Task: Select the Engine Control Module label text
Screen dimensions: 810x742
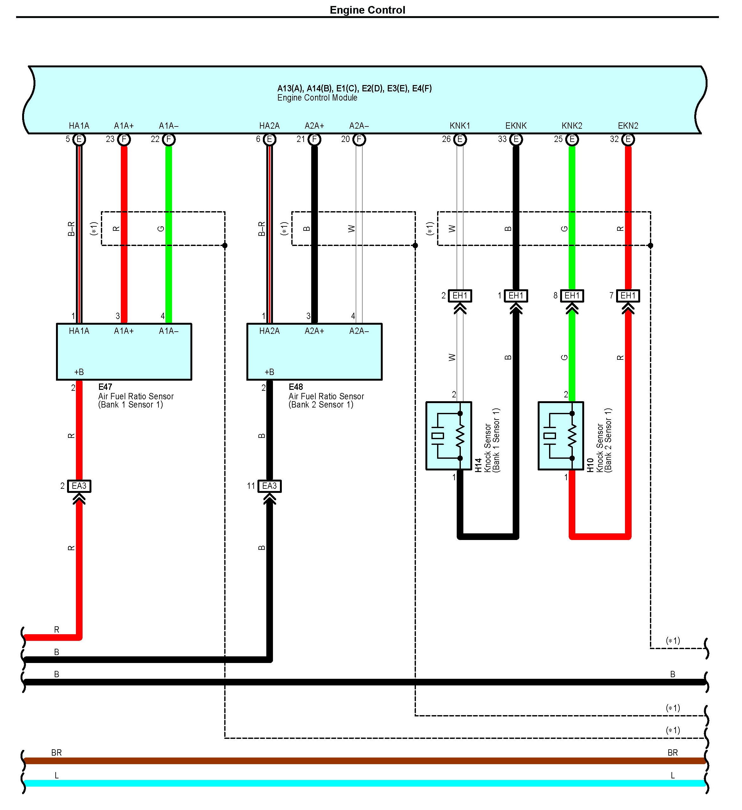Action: (x=317, y=98)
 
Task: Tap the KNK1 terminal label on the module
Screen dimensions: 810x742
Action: (x=460, y=126)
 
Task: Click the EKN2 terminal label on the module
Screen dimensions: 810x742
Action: (x=628, y=126)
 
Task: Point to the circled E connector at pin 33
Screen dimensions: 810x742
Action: (x=516, y=139)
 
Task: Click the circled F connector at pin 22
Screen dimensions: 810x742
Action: (x=169, y=139)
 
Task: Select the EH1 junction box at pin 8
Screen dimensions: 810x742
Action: (x=572, y=296)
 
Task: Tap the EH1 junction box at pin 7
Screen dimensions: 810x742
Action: (x=628, y=296)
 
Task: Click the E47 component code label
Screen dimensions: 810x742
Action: (x=105, y=387)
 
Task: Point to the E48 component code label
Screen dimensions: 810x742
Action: (x=296, y=387)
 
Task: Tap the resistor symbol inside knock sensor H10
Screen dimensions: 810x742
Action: (x=572, y=436)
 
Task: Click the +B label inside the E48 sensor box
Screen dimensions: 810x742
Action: (x=269, y=372)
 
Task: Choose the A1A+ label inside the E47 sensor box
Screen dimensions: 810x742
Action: (x=124, y=331)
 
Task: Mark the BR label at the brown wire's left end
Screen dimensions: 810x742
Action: (x=56, y=752)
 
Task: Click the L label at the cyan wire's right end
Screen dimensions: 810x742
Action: (x=672, y=775)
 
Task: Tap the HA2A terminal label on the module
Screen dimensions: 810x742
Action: (x=269, y=126)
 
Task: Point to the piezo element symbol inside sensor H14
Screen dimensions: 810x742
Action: (x=438, y=436)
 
